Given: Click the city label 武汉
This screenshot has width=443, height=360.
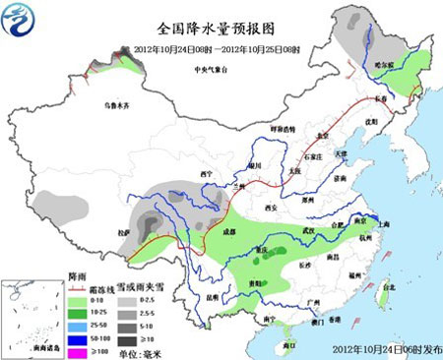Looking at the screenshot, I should point(313,229).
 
